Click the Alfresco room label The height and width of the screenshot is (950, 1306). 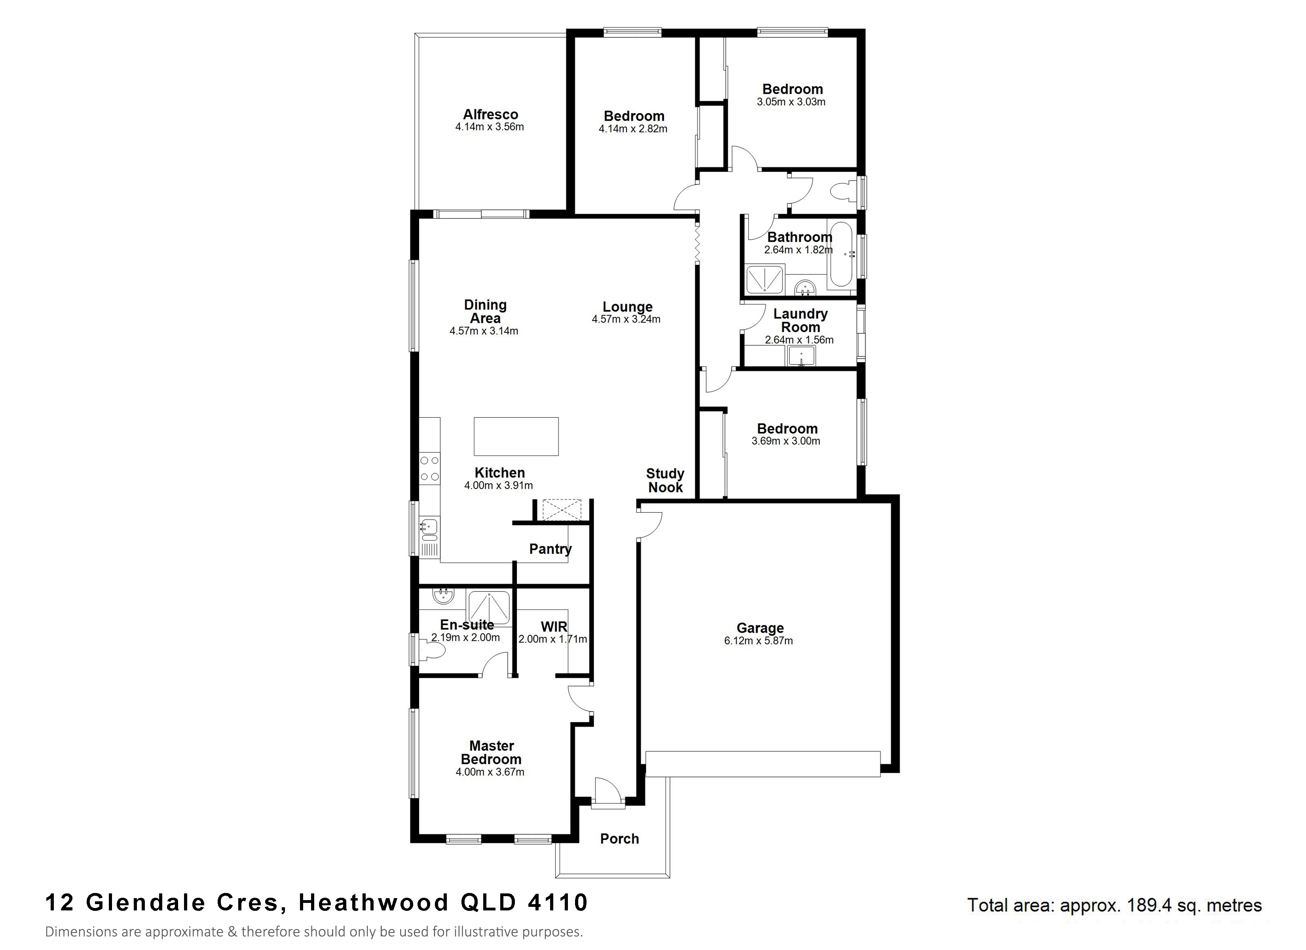pos(490,115)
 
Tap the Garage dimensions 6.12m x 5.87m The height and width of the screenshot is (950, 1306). pos(758,640)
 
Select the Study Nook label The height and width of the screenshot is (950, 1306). pos(665,481)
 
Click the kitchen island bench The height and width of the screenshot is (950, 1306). pos(516,436)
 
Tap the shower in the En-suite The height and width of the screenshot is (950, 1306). pos(489,607)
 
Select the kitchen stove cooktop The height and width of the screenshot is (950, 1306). pos(429,468)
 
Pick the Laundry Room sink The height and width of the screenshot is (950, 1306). pos(801,355)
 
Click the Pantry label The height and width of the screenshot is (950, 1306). pos(550,549)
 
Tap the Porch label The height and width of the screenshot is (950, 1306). pos(620,839)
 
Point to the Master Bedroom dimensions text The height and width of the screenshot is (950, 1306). pos(490,772)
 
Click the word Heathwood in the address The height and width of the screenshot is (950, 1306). pos(373,902)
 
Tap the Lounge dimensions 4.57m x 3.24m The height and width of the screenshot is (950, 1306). pos(626,319)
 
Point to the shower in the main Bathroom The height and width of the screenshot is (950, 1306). pos(765,279)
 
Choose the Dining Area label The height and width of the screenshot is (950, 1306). pos(486,312)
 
